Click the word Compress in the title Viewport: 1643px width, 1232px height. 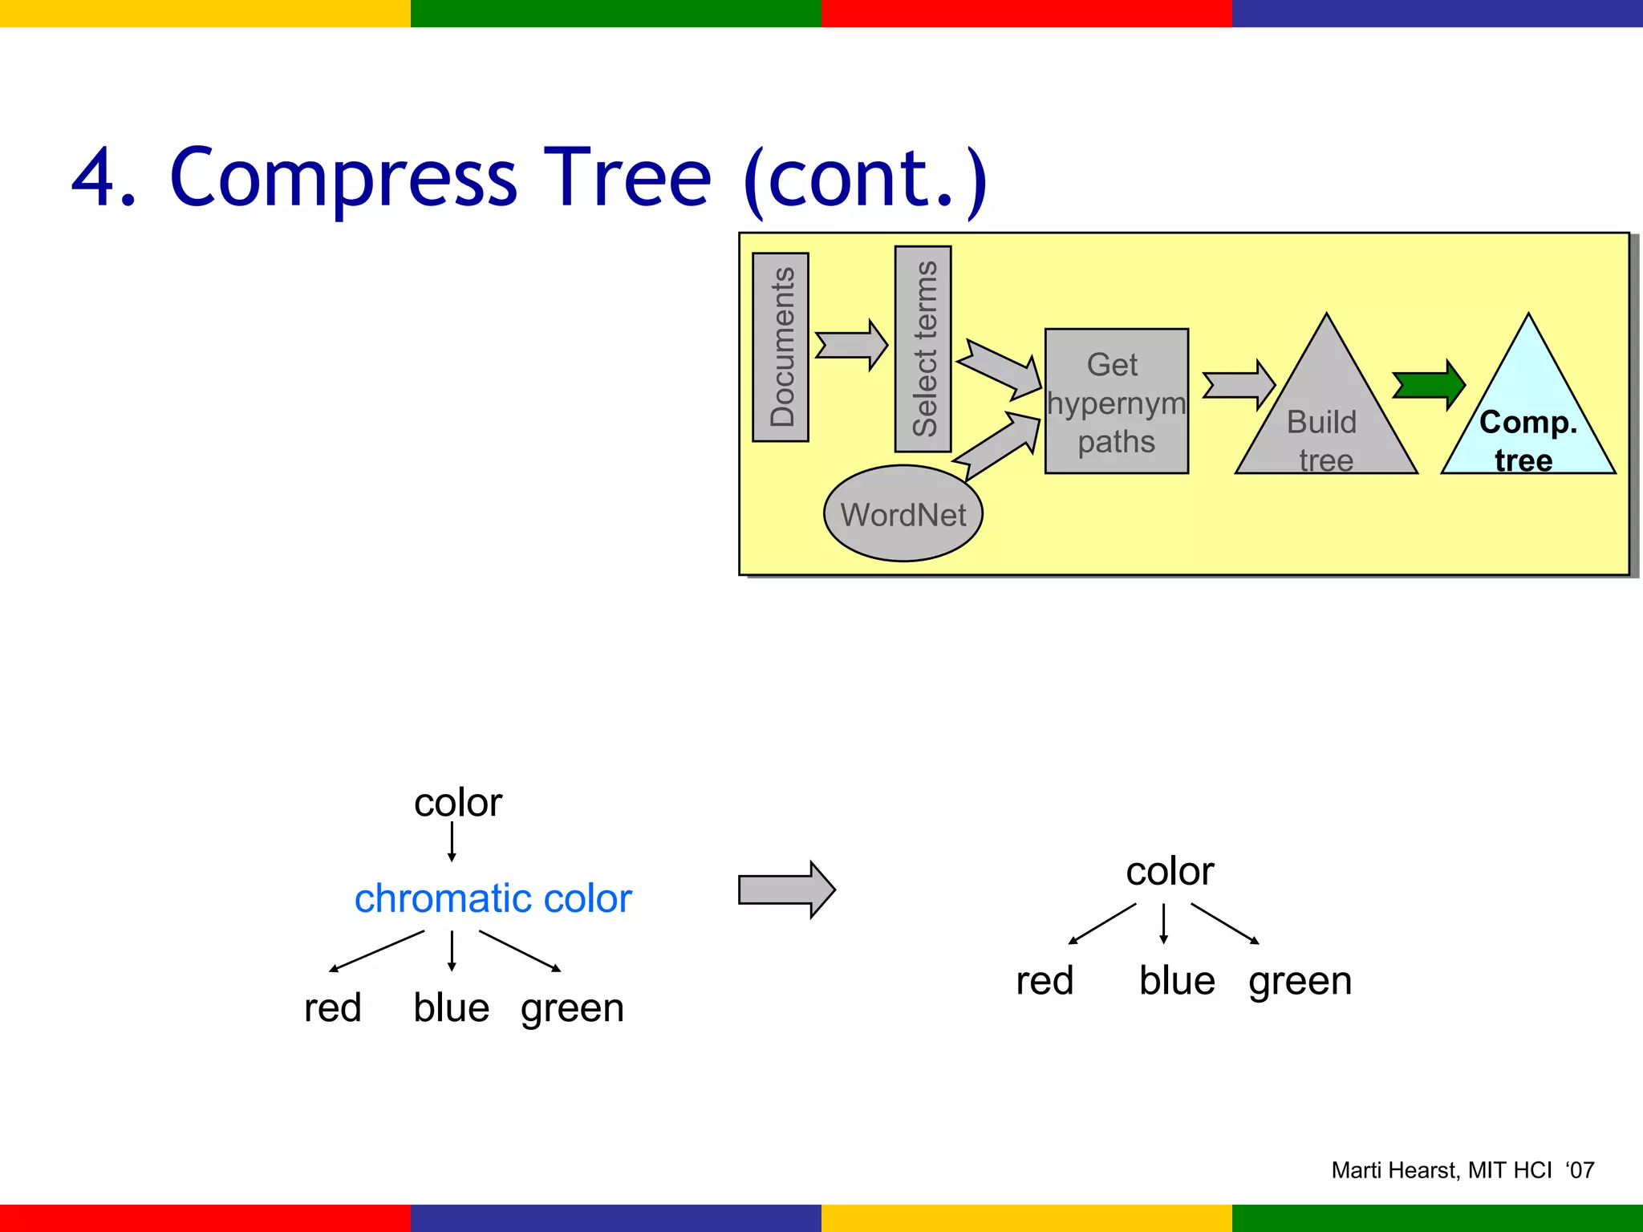[343, 178]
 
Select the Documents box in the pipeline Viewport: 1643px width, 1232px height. [781, 347]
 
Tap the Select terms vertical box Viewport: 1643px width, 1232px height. [923, 349]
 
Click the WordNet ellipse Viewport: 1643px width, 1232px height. [903, 514]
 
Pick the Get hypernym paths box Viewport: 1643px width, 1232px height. [1116, 402]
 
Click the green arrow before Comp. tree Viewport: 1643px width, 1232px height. [1429, 385]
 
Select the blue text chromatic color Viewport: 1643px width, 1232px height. [493, 898]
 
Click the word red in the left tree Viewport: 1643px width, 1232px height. [333, 1007]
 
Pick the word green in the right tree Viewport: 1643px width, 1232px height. [1300, 981]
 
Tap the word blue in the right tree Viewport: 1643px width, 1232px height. [1177, 981]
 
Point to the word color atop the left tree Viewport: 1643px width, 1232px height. [457, 803]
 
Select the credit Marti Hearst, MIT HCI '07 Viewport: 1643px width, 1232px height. [1462, 1170]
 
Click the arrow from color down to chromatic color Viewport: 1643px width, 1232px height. [452, 842]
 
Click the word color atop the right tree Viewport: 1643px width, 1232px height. [1169, 872]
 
